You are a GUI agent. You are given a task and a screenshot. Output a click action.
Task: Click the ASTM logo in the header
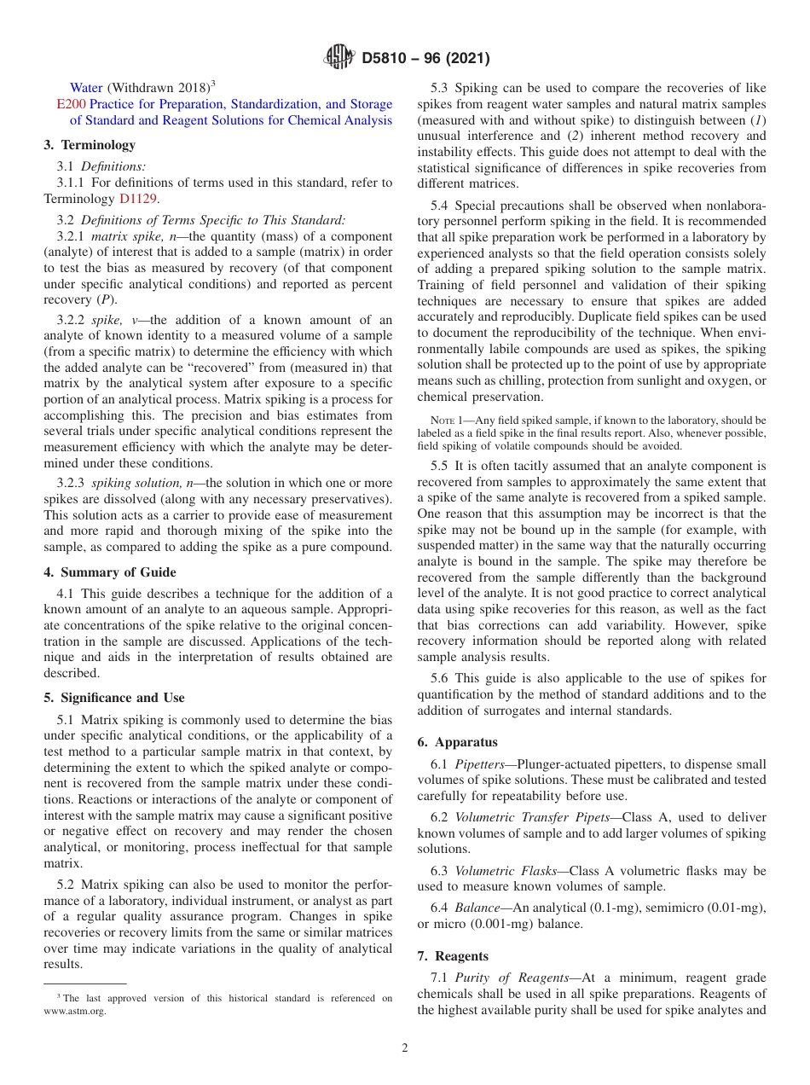(339, 58)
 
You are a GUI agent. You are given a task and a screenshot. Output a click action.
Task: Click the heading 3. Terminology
(90, 145)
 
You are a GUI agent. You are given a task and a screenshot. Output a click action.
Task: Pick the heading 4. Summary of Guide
(110, 572)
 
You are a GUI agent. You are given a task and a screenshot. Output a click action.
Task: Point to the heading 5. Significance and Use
(113, 698)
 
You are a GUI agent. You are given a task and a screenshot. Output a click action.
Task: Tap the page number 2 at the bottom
(405, 1048)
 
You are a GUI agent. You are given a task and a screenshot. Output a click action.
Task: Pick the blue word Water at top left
(86, 88)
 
